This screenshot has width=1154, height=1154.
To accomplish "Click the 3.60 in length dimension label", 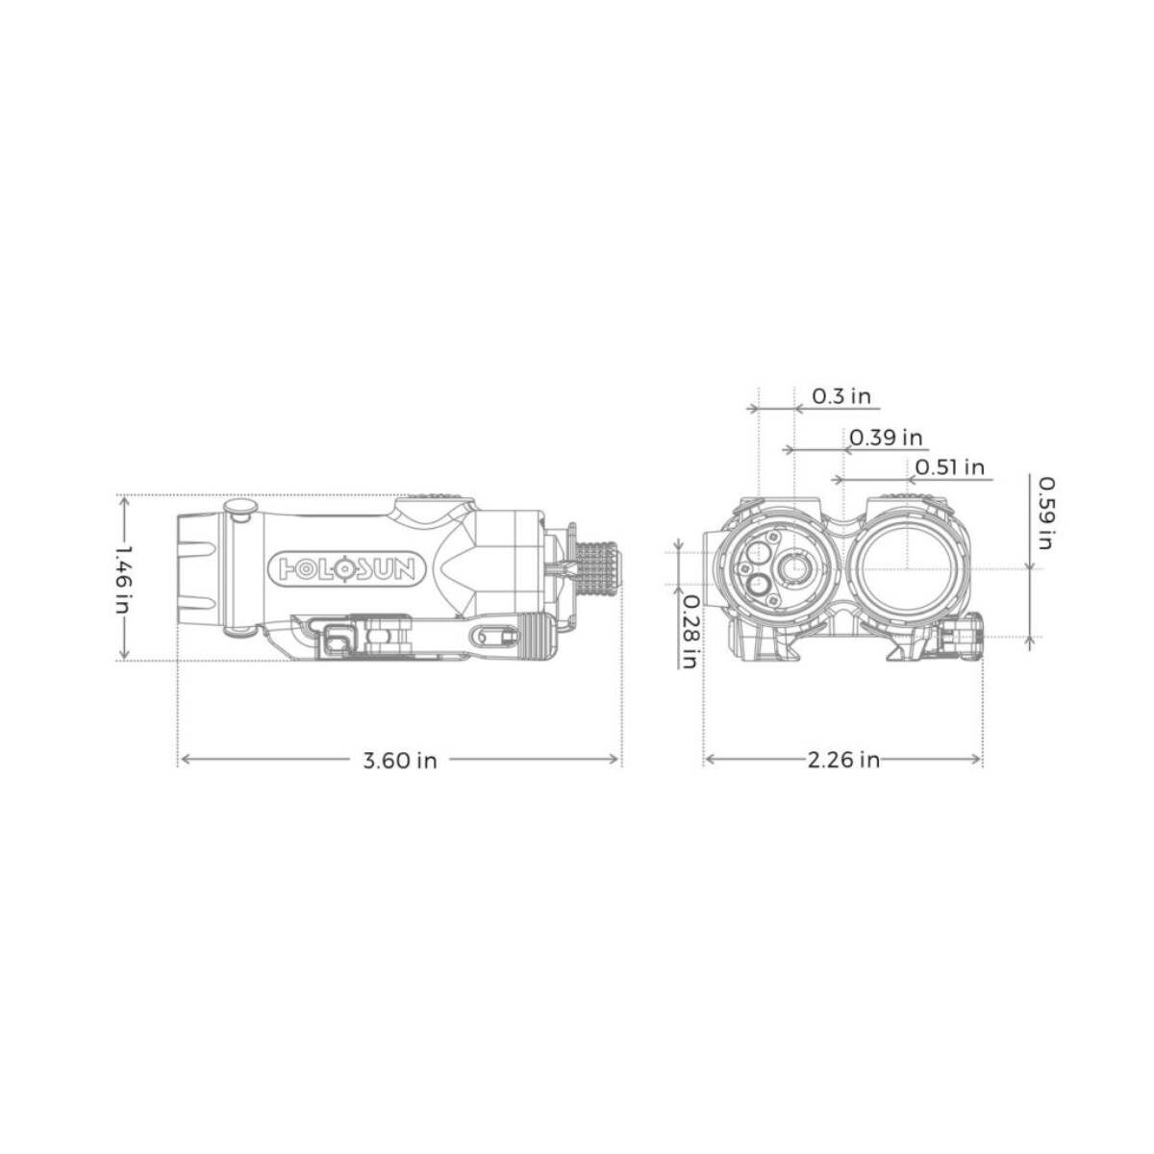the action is click(x=400, y=761).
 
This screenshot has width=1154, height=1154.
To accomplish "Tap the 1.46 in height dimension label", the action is click(x=122, y=579).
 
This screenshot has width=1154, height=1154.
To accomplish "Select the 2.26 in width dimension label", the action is click(x=843, y=760).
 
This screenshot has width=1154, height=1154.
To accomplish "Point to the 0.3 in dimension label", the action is click(x=841, y=396).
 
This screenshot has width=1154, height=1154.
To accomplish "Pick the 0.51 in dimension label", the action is click(x=950, y=466).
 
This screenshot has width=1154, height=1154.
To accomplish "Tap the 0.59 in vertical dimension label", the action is click(x=1046, y=513).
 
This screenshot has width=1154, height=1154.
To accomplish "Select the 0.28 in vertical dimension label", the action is click(x=690, y=632).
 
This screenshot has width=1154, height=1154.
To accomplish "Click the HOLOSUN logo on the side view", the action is click(x=348, y=567).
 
